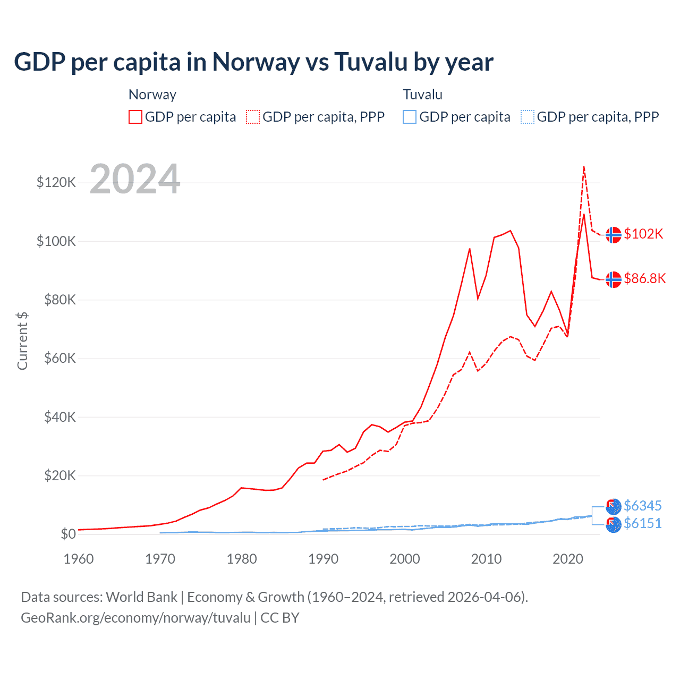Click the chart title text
[253, 62]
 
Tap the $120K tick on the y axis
[56, 183]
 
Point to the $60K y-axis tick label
[60, 358]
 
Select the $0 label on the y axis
[68, 533]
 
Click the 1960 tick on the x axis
[79, 559]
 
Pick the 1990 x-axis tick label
[323, 559]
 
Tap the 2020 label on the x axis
[568, 559]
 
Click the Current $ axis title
[22, 341]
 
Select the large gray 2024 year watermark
[135, 179]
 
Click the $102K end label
[643, 234]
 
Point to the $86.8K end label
[644, 278]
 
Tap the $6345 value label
[643, 506]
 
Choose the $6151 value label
[643, 524]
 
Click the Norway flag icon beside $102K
[614, 234]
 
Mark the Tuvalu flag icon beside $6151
[614, 525]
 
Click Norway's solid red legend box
[135, 117]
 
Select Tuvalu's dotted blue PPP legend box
[528, 117]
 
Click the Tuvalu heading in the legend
[422, 95]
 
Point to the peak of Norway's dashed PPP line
[584, 167]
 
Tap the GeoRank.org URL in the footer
[135, 618]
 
